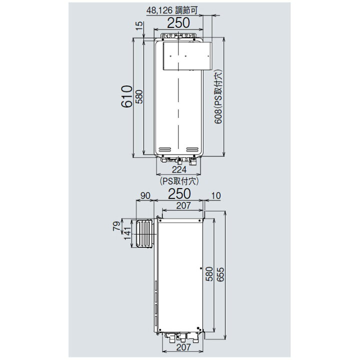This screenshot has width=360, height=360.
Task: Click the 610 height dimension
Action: (x=126, y=96)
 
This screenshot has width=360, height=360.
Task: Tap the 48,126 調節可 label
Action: (x=171, y=10)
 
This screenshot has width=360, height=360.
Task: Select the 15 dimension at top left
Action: (x=139, y=25)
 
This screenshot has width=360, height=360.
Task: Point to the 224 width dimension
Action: (x=179, y=169)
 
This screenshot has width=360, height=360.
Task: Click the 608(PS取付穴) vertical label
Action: (x=218, y=96)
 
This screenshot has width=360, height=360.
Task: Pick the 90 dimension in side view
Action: (x=145, y=195)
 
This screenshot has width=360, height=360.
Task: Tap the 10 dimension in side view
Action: (x=215, y=195)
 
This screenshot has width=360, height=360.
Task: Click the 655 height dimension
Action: (x=220, y=274)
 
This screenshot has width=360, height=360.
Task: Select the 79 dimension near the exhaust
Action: (x=116, y=226)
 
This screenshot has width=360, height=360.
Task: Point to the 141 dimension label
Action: (x=127, y=233)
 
